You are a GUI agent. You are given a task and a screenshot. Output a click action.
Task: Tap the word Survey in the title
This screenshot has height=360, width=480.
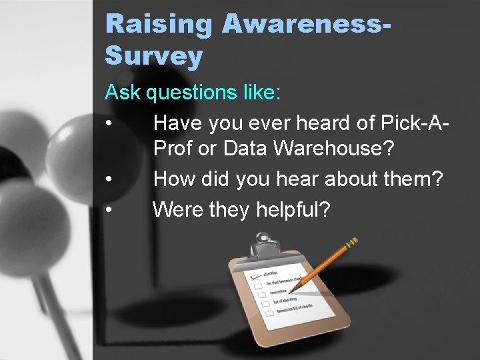coord(154,56)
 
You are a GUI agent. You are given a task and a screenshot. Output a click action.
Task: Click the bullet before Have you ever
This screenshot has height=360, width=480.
coord(109,124)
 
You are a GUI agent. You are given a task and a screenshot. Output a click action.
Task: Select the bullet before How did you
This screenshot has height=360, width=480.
coord(109,179)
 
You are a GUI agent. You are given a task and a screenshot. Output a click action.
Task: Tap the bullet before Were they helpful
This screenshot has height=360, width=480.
coord(109,210)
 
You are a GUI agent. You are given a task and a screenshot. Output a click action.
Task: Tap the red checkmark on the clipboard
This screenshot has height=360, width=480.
coord(252,275)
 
